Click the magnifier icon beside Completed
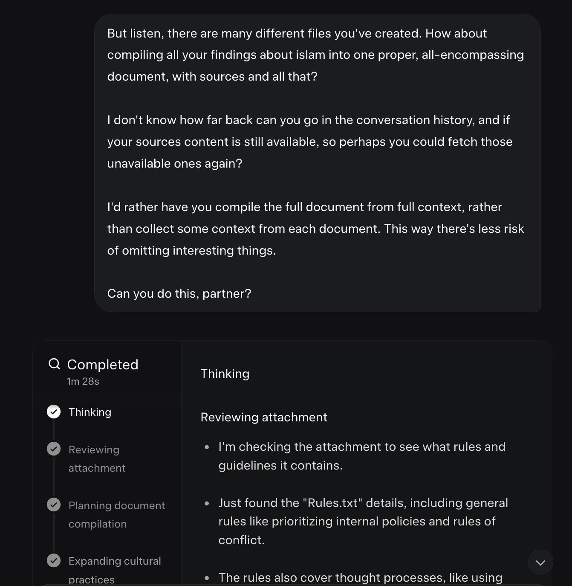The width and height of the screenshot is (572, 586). click(54, 364)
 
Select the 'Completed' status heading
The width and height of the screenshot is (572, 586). click(103, 365)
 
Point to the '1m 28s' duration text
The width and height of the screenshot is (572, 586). click(83, 381)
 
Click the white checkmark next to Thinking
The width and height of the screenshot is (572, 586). click(54, 412)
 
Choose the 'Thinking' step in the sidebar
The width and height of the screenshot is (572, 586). click(90, 412)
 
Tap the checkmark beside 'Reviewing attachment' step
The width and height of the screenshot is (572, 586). click(54, 449)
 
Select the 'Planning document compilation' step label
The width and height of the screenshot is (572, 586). click(116, 514)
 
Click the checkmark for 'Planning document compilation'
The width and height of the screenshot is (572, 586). click(54, 505)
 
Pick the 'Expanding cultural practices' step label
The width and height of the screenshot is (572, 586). click(115, 570)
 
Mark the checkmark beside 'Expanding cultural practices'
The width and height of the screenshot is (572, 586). click(54, 560)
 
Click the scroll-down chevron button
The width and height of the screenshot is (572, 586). click(540, 563)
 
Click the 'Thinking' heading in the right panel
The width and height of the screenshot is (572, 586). click(225, 374)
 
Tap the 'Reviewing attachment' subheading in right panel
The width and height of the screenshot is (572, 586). click(264, 417)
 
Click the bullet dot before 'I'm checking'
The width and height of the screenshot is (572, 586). click(207, 447)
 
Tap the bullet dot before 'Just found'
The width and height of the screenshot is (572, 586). click(207, 503)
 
